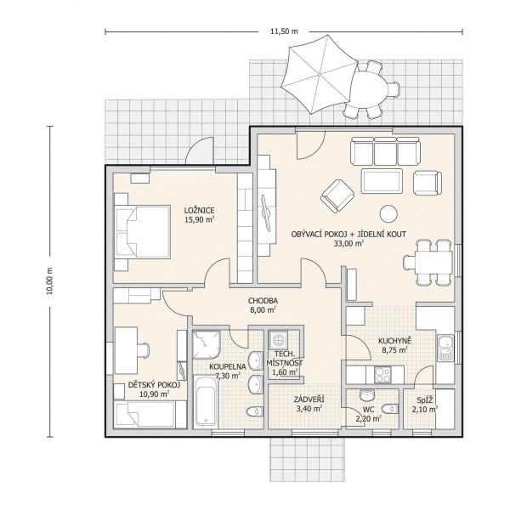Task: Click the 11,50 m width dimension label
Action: point(281,32)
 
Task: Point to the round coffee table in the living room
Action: point(388,213)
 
